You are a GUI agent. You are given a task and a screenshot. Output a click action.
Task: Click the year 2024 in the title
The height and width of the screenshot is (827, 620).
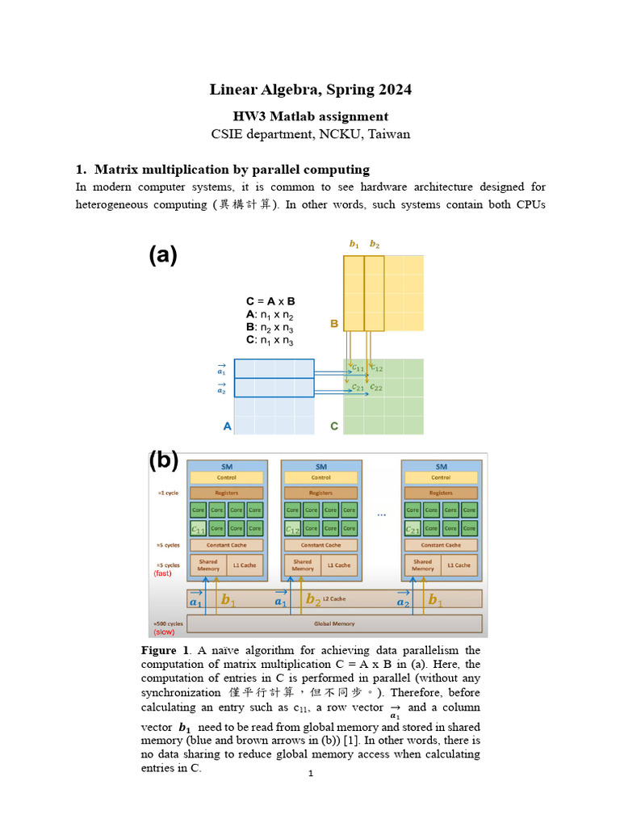(x=392, y=90)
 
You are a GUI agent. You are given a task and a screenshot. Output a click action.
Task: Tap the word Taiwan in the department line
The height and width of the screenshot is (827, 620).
(x=389, y=134)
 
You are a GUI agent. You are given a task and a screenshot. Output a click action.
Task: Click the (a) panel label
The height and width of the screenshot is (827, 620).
(x=162, y=255)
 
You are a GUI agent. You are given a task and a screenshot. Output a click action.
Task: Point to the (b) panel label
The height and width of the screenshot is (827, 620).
(x=163, y=460)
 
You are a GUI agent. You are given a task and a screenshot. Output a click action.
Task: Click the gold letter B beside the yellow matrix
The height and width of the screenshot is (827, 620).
(x=333, y=324)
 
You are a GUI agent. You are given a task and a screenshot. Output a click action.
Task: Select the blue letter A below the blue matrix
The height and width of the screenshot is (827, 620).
(x=227, y=426)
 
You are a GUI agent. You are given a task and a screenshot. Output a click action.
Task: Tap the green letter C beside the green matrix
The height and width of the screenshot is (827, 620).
(x=334, y=426)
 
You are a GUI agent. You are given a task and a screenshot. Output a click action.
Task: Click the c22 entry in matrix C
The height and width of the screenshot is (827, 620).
(x=376, y=387)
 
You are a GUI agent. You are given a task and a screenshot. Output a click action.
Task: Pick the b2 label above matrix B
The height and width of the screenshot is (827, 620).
(x=375, y=244)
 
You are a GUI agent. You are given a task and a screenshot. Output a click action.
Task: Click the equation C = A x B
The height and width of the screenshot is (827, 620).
(x=270, y=301)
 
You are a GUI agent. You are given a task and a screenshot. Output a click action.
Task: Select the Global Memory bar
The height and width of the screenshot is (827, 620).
(x=333, y=623)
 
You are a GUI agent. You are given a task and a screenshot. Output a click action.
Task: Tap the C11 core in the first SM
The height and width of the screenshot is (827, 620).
(x=198, y=529)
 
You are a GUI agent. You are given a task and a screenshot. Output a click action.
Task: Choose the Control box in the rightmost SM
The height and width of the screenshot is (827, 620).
(x=441, y=478)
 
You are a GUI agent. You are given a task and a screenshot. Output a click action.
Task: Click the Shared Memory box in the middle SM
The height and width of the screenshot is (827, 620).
(x=302, y=565)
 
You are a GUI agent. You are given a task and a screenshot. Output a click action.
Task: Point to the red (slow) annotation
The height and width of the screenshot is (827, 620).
(x=164, y=632)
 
